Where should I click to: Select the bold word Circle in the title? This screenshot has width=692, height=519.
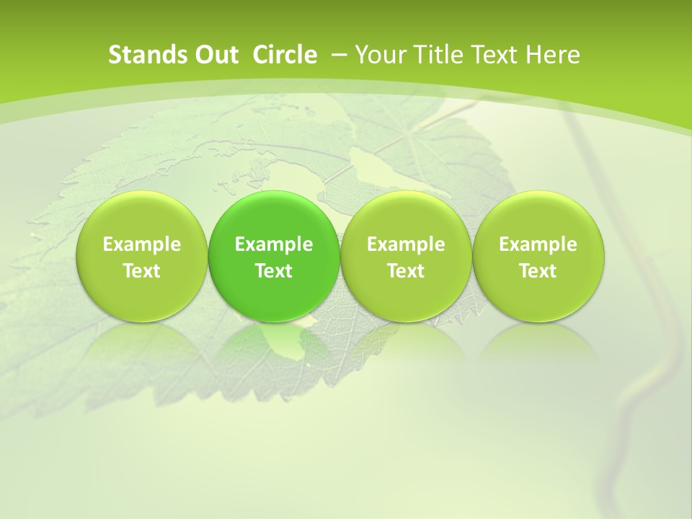[x=285, y=55]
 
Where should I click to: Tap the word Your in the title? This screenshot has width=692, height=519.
[x=379, y=55]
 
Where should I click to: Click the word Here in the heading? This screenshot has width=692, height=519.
[x=553, y=55]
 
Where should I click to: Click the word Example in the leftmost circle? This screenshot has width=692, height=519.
[x=142, y=244]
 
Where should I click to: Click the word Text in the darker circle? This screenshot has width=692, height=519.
[x=274, y=271]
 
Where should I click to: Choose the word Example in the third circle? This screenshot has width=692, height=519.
[x=406, y=244]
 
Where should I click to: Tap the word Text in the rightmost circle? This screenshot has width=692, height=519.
[x=538, y=271]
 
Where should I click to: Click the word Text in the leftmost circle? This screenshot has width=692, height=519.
[x=142, y=271]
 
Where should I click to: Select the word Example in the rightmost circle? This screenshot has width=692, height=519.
[x=538, y=244]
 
